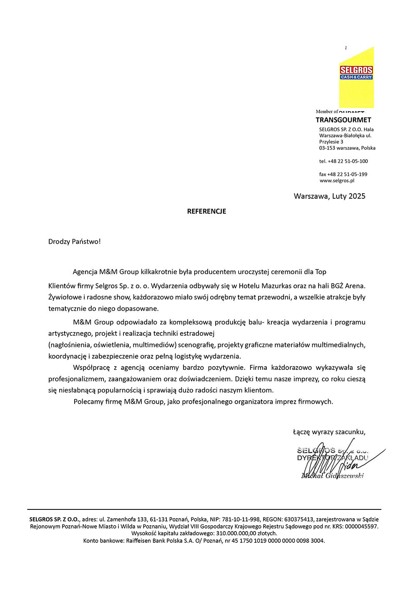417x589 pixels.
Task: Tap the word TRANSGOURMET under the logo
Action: pyautogui.click(x=343, y=120)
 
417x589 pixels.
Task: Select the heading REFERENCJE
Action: pyautogui.click(x=206, y=211)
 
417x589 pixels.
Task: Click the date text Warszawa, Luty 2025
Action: pyautogui.click(x=329, y=196)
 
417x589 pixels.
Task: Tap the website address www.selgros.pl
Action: pyautogui.click(x=337, y=181)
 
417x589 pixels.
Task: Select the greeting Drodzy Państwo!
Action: pyautogui.click(x=74, y=242)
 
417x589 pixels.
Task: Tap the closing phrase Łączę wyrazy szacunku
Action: pyautogui.click(x=329, y=432)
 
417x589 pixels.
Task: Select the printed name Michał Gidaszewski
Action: pyautogui.click(x=332, y=476)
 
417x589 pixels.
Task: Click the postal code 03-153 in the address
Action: pyautogui.click(x=327, y=148)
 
